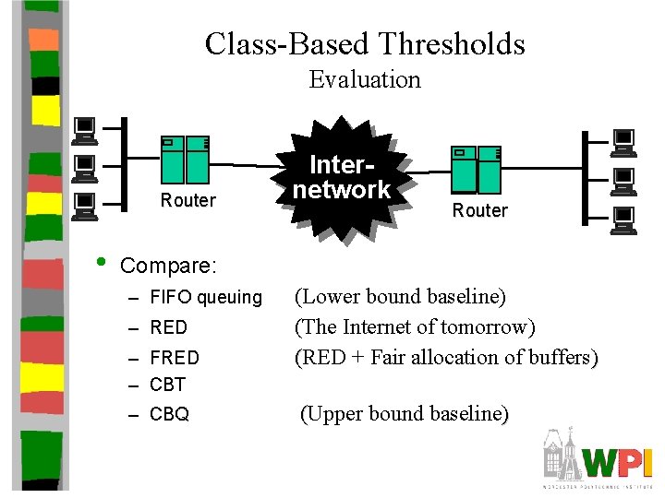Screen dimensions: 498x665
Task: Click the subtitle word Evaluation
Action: (365, 79)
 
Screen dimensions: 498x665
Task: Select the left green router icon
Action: (186, 160)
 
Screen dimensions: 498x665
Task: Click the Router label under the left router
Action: (187, 200)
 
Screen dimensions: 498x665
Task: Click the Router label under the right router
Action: (479, 210)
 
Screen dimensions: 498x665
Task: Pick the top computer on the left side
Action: (85, 131)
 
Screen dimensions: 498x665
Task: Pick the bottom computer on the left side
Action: (85, 204)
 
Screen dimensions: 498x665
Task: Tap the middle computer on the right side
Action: (623, 179)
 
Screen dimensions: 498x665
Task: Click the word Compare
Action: (168, 266)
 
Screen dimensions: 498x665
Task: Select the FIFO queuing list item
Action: (205, 297)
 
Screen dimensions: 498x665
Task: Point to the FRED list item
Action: (174, 357)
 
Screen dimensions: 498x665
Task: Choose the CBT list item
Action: (167, 385)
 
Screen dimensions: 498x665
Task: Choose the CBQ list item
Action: (169, 414)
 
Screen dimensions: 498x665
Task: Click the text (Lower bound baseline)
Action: (400, 297)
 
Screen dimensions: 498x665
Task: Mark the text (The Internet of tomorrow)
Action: (415, 326)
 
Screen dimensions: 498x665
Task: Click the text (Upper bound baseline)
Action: (405, 414)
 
